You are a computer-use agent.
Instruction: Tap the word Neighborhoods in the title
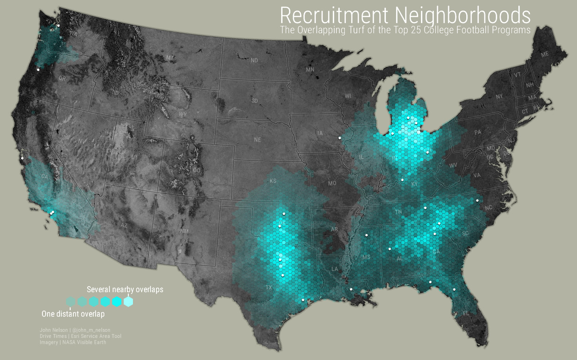(463, 16)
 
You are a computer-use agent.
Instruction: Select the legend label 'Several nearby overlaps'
(125, 289)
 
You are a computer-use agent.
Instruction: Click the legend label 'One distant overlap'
(73, 314)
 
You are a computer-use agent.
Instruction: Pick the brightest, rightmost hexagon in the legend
(128, 302)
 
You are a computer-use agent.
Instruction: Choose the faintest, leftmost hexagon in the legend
(70, 302)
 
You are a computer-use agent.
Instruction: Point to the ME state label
(545, 54)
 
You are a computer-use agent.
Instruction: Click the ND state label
(254, 60)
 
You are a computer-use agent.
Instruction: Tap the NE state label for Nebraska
(258, 139)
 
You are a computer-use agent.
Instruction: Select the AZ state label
(123, 225)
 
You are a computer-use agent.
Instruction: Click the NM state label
(184, 231)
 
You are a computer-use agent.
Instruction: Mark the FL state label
(466, 313)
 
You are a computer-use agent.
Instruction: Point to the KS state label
(273, 181)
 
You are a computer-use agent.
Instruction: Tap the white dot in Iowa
(340, 138)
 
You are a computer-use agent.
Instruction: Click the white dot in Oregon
(38, 70)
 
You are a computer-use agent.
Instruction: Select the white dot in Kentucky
(403, 180)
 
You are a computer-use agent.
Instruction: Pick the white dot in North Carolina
(477, 200)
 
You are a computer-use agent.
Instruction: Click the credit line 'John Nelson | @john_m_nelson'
(75, 330)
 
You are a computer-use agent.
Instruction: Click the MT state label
(170, 58)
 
